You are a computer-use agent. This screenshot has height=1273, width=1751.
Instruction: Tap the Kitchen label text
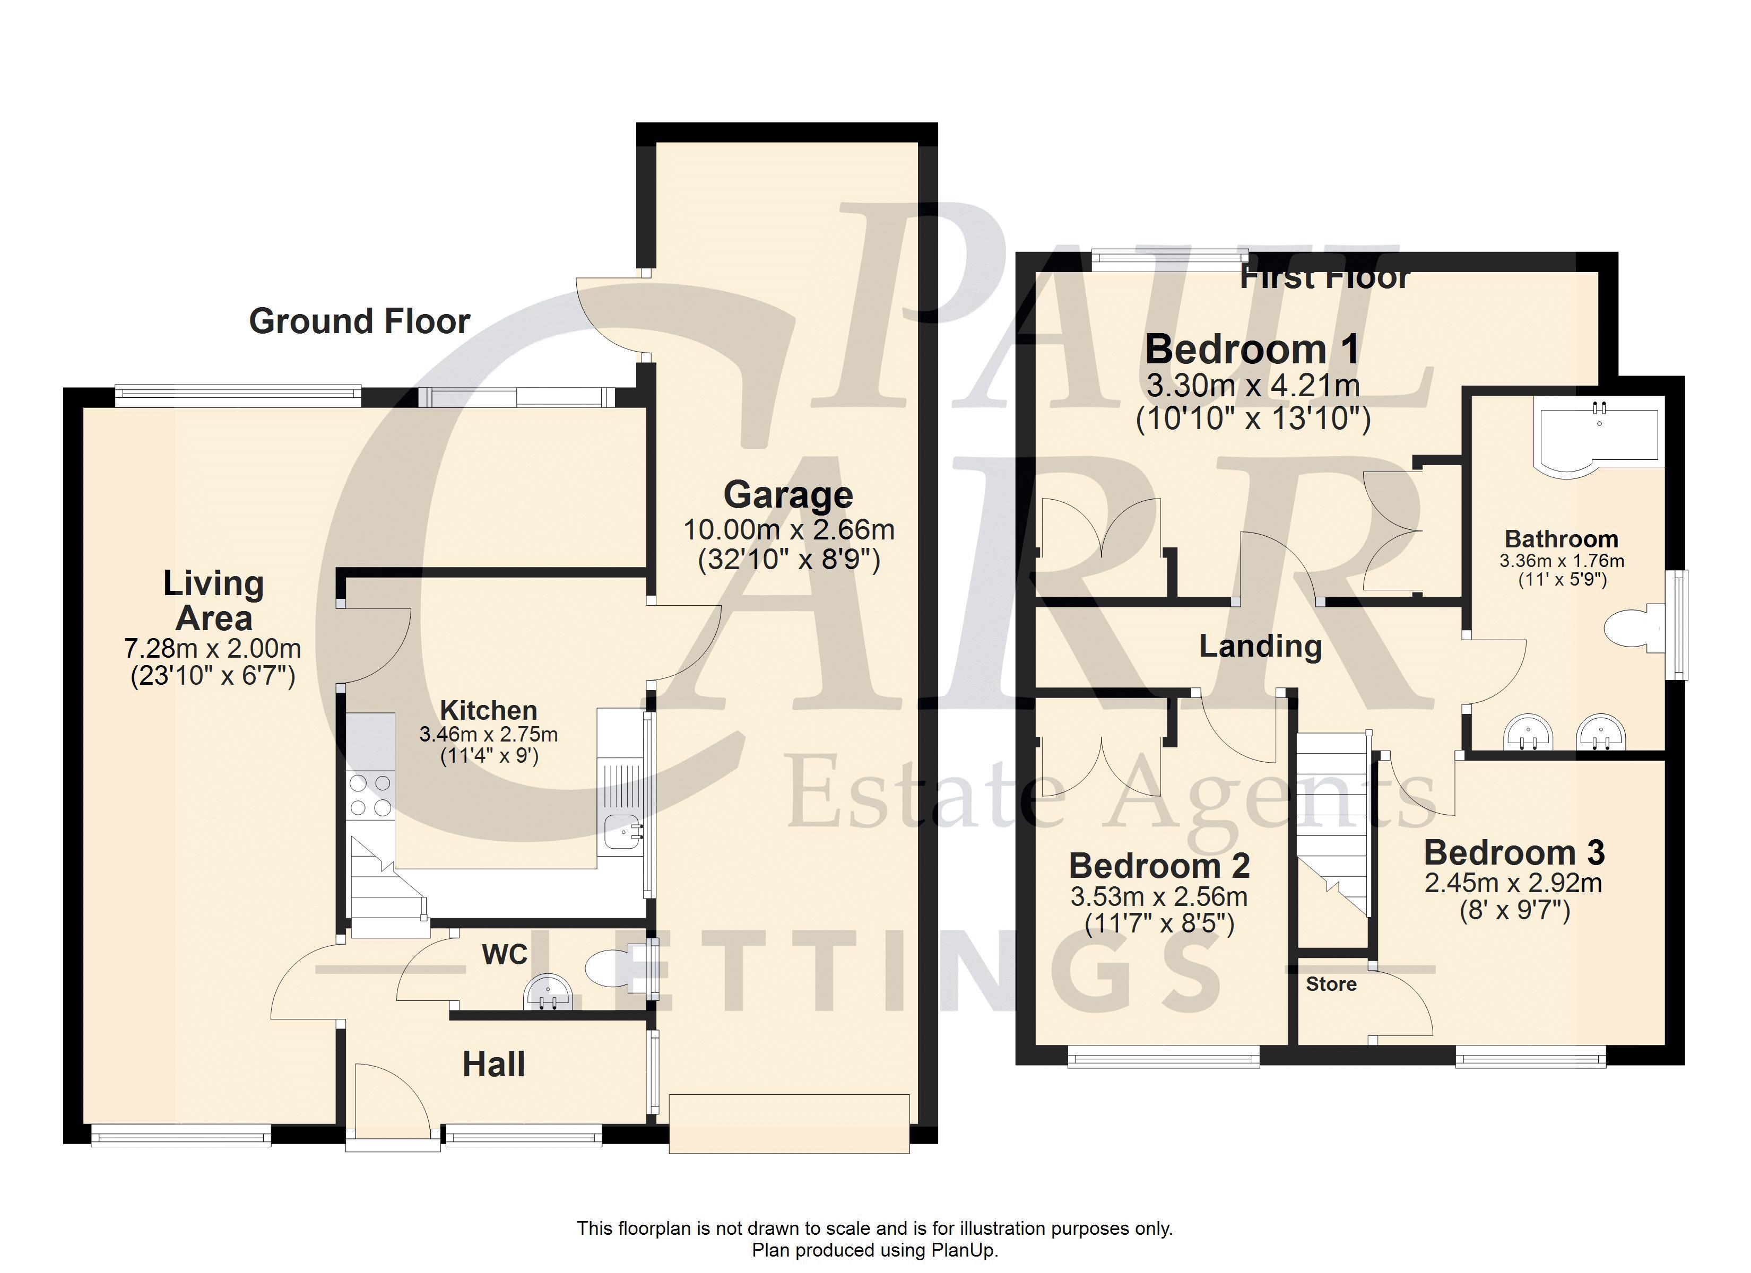pyautogui.click(x=489, y=710)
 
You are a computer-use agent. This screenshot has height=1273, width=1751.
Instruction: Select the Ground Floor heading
pyautogui.click(x=359, y=321)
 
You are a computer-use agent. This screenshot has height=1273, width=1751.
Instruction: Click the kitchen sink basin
pyautogui.click(x=621, y=831)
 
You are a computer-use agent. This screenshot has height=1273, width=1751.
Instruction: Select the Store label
pyautogui.click(x=1331, y=984)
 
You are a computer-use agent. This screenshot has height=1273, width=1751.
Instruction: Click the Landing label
pyautogui.click(x=1260, y=646)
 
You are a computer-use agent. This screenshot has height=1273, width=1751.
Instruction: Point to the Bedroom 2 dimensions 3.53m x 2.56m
pyautogui.click(x=1159, y=897)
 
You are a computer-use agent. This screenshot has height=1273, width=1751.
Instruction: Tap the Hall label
pyautogui.click(x=493, y=1065)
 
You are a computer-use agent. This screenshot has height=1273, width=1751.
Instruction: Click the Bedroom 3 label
pyautogui.click(x=1514, y=853)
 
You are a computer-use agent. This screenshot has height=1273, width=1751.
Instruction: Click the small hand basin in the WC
pyautogui.click(x=548, y=993)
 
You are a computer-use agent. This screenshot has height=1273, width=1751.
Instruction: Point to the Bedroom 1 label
pyautogui.click(x=1252, y=350)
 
